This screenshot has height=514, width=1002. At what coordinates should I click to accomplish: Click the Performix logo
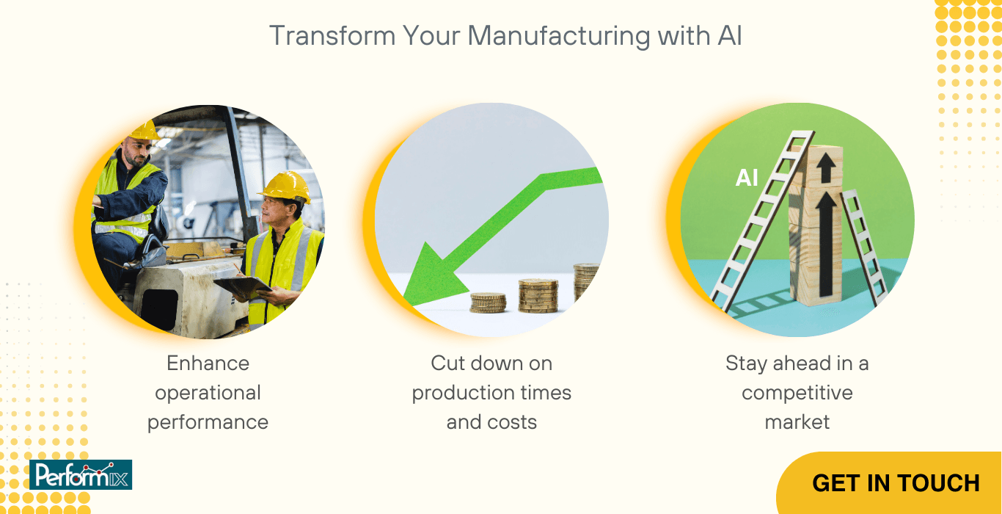coord(81,474)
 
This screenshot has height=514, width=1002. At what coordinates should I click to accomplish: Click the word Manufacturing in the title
coord(559,36)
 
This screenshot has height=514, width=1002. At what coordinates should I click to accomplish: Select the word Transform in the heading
coord(332,35)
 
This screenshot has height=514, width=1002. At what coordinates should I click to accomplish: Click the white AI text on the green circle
coord(747,178)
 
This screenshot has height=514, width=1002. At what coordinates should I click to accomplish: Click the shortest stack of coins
coord(488,303)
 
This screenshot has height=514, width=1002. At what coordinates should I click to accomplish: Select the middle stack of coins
coord(538,295)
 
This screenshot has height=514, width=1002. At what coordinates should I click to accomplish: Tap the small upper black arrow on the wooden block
coord(826,169)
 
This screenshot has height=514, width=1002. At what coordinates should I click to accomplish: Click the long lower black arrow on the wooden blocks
coord(826,245)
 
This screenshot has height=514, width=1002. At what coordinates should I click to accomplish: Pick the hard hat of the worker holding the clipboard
coord(286,185)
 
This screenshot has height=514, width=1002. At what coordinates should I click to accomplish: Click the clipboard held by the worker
coord(243,287)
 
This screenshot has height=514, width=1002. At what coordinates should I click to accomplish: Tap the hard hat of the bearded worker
coord(144,130)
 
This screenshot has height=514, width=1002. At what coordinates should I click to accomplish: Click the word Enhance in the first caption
coord(208,363)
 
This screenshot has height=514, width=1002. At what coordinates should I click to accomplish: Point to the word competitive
coord(797,393)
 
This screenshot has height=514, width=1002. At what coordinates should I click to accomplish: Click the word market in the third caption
coord(797,422)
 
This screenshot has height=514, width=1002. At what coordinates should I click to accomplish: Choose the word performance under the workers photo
coord(208,422)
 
